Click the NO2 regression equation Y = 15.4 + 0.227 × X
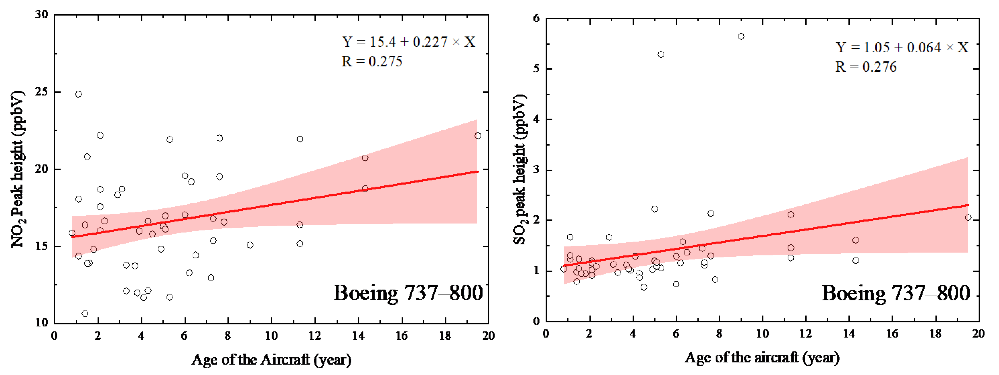tap(408, 42)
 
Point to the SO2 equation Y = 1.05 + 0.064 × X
tap(902, 47)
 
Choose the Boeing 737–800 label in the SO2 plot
tap(896, 293)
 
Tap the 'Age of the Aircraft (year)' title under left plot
tap(271, 360)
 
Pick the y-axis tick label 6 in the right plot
tap(536, 18)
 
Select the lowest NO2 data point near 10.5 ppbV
tap(85, 313)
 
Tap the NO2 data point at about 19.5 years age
tap(478, 136)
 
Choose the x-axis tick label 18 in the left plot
tap(445, 336)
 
